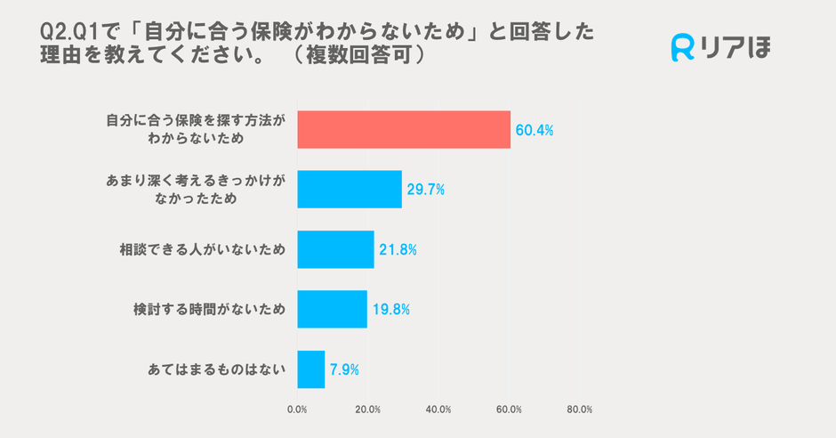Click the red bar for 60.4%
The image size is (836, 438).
[x=404, y=130]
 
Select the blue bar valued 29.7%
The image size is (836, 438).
[x=350, y=190]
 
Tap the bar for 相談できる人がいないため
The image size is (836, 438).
[x=335, y=249]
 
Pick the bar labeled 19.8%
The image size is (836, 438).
[x=332, y=309]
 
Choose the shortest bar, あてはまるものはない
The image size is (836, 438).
[x=311, y=369]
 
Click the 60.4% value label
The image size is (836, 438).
[x=534, y=131]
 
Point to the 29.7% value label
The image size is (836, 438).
[x=425, y=191]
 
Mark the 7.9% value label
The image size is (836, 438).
[x=344, y=369]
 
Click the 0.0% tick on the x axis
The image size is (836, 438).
[x=297, y=410]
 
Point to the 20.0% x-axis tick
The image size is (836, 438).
[x=367, y=410]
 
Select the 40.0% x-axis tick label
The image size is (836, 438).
[x=438, y=410]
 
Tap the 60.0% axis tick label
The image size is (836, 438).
[x=509, y=410]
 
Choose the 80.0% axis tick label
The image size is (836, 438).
[x=580, y=410]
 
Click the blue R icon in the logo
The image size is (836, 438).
[x=683, y=48]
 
